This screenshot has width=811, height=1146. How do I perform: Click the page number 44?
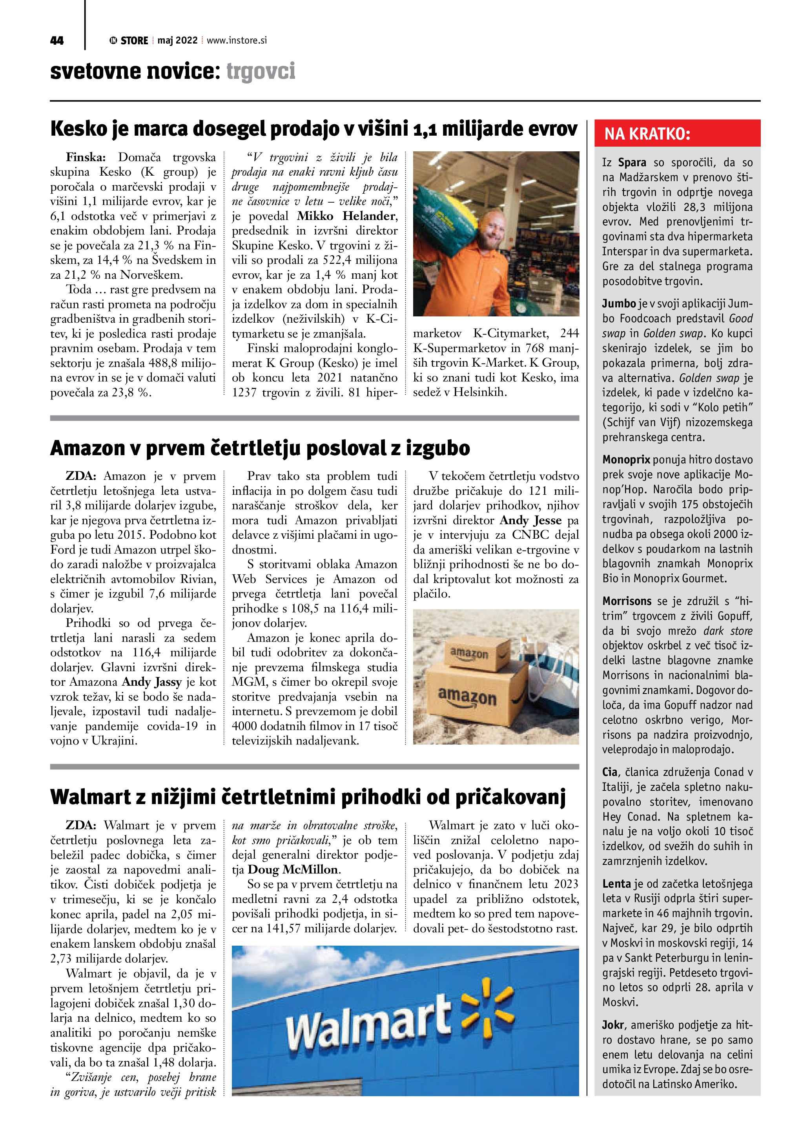(x=57, y=40)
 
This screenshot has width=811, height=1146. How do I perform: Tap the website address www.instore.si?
(x=237, y=40)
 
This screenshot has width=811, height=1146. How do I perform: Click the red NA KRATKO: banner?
(x=677, y=134)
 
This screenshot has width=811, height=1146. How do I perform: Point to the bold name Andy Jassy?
(x=152, y=682)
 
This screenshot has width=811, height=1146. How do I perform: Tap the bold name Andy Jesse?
(x=530, y=520)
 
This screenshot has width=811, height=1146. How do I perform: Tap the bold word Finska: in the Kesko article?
(x=82, y=158)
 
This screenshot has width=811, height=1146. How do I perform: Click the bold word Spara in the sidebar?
(x=632, y=163)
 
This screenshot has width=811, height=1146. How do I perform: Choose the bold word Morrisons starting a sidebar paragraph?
(x=627, y=601)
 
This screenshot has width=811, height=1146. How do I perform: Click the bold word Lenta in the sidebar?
(x=617, y=884)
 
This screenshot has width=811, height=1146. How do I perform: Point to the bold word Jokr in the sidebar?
(x=613, y=1025)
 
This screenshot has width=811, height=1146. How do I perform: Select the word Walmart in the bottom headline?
(x=90, y=797)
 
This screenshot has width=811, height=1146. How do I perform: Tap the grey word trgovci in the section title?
(x=260, y=71)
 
